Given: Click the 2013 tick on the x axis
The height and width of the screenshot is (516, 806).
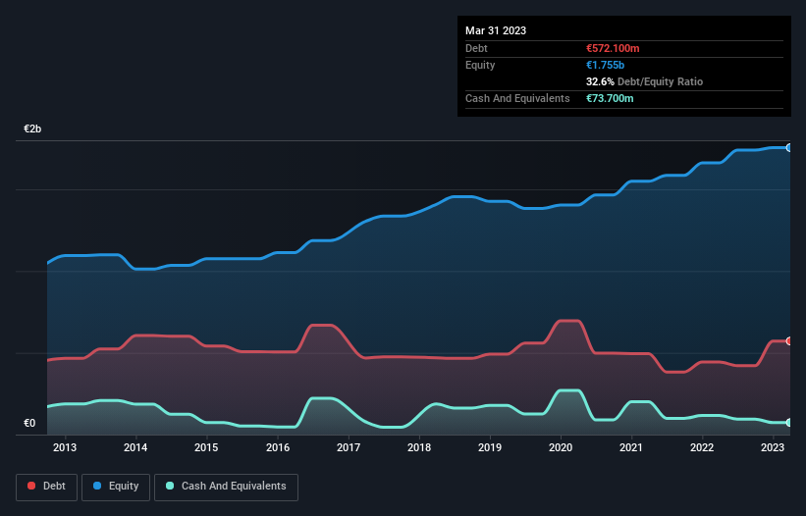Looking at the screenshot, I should click(x=65, y=448).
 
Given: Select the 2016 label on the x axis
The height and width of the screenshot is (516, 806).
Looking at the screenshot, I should click(x=277, y=448).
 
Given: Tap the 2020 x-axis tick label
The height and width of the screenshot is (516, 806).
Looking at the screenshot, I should click(x=561, y=448).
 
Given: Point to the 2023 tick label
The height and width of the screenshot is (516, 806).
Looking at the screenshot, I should click(x=773, y=448).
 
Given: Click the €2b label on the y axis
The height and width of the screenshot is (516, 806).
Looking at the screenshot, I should click(x=33, y=129).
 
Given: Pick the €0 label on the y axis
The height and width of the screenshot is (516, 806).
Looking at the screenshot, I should click(x=29, y=424).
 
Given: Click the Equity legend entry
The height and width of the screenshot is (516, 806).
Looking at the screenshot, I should click(x=116, y=486).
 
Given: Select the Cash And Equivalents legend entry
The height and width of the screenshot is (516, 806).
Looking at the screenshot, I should click(x=226, y=486).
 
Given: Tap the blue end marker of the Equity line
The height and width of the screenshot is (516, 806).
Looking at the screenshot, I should click(x=789, y=147).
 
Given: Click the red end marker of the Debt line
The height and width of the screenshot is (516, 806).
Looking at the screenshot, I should click(x=789, y=341).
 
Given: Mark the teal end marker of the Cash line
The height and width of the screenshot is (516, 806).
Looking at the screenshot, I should click(x=789, y=423).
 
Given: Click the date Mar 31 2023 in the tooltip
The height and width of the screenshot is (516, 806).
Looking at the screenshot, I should click(x=496, y=30).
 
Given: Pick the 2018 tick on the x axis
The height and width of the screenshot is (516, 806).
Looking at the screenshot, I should click(x=419, y=448).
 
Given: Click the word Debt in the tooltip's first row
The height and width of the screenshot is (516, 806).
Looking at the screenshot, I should click(x=478, y=48).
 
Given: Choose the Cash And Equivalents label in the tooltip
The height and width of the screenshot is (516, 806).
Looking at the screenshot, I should click(x=517, y=98).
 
